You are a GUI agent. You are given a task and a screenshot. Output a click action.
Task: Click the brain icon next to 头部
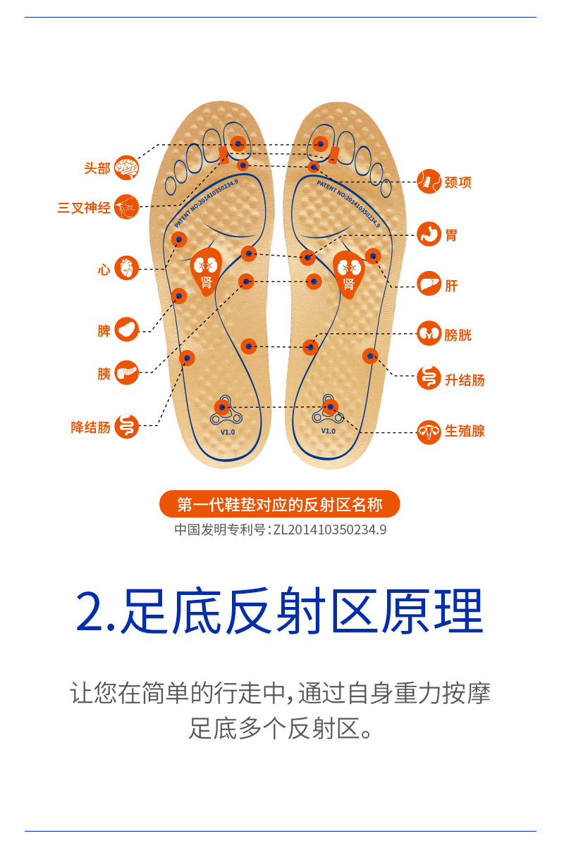127,168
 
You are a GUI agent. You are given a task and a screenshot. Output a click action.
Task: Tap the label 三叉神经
84,208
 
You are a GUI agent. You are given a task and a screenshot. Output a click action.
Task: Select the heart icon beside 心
127,268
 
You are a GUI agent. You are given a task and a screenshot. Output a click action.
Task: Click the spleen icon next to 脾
127,330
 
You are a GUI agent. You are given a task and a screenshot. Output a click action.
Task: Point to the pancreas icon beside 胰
127,372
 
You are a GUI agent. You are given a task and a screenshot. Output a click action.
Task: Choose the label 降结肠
91,427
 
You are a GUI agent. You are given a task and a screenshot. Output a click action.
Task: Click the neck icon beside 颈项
429,182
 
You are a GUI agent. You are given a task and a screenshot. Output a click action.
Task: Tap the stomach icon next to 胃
429,234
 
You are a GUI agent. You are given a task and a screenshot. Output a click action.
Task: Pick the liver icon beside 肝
429,284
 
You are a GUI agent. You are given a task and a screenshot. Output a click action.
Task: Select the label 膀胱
458,335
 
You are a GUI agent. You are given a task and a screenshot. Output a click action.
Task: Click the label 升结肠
465,380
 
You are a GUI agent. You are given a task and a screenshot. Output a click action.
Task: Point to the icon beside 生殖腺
429,431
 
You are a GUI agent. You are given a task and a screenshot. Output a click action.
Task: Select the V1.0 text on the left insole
227,432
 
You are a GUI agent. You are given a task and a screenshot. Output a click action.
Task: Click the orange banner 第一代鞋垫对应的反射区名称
280,504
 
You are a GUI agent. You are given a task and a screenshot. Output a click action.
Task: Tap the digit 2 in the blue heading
91,610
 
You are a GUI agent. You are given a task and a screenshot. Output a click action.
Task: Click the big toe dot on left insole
238,144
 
